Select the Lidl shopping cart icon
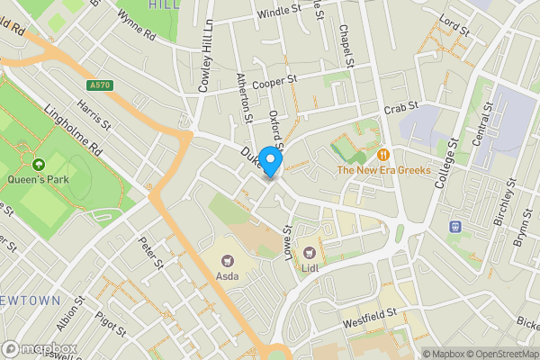coord(310,253)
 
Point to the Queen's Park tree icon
coord(38,164)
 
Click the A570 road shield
coord(101,86)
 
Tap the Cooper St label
coord(275,82)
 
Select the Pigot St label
coord(111,323)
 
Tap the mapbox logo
coord(40,348)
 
